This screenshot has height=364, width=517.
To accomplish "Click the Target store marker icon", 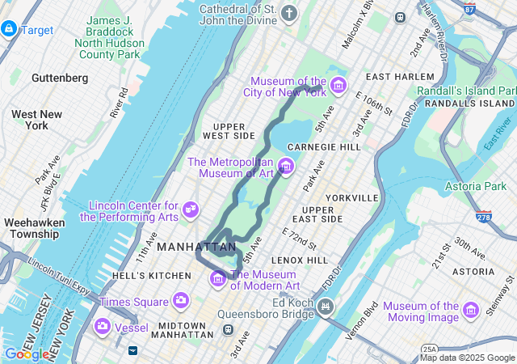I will coord(9,29).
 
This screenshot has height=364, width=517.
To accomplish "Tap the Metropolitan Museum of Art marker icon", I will coord(285,167).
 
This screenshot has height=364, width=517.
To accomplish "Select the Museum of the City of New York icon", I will coord(338,85).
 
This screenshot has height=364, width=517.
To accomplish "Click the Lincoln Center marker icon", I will coord(191,210).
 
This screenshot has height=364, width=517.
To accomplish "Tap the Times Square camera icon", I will coord(181,301).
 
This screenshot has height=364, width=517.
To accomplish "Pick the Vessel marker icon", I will coord(103,327).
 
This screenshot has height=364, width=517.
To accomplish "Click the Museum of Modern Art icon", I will coord(217,279).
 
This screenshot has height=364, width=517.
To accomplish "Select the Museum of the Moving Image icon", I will coord(471,310).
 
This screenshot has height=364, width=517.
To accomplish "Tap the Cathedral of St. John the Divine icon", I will coord(289,13).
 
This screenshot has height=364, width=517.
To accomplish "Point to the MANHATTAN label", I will coord(197,247).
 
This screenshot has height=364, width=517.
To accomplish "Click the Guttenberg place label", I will coord(60,78).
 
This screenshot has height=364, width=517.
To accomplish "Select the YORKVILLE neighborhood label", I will coord(352,198).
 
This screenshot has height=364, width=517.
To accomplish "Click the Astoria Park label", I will coord(476,187).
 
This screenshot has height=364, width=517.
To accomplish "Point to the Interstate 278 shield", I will coord(484,217).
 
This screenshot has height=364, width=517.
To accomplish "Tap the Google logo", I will coord(25,353).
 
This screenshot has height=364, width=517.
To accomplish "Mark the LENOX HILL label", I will coord(300,260).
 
